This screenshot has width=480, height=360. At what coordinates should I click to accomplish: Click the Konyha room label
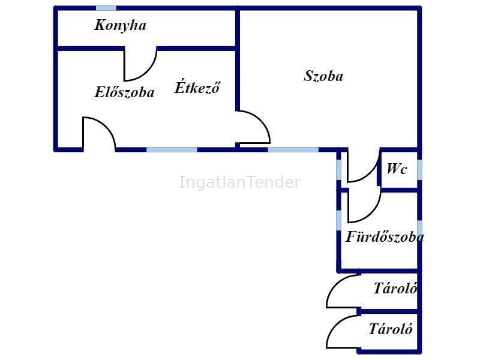[121, 26]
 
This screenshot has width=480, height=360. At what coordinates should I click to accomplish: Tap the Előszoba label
[124, 92]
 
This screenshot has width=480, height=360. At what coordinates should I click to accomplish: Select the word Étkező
[197, 87]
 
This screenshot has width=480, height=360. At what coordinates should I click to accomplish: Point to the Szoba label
[323, 76]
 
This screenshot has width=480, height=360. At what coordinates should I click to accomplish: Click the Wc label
[397, 169]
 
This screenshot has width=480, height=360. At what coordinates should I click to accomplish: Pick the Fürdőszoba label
[385, 236]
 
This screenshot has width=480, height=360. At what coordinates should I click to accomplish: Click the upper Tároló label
[395, 288]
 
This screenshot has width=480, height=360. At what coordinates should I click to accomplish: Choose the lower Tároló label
[391, 329]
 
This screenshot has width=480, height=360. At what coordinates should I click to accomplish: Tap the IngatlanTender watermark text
[239, 182]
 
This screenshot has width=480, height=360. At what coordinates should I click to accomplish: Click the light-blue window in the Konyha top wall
[106, 8]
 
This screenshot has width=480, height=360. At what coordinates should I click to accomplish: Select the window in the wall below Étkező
[172, 149]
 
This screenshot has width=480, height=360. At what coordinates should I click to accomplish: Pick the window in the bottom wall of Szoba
[293, 149]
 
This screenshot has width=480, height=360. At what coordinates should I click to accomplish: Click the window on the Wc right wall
[419, 169]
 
